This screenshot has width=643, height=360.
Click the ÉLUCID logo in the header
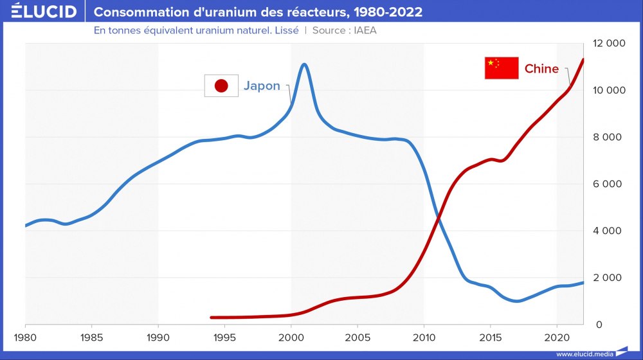pos(44,12)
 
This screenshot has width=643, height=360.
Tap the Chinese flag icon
pos(502,68)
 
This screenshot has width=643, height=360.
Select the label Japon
pos(262,86)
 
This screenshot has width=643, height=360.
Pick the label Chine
pos(541,69)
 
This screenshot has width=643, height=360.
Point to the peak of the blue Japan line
pos(304,64)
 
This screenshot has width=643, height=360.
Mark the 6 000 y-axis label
pos(608,184)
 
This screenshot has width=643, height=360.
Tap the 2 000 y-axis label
pos(608,278)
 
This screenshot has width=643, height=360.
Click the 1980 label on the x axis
pos(25,337)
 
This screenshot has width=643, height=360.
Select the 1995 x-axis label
pos(224,337)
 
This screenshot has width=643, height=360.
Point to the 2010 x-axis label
pos(424,337)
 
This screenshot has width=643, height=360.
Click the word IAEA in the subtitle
pos(363,31)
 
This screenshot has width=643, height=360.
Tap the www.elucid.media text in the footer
pos(584,354)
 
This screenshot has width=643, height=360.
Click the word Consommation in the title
pos(134,12)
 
